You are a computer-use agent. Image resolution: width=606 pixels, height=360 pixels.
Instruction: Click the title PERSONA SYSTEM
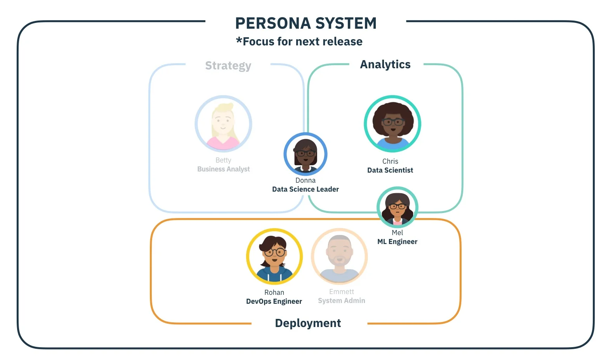pyautogui.click(x=306, y=23)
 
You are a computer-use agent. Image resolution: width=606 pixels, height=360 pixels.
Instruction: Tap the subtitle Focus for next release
pyautogui.click(x=299, y=42)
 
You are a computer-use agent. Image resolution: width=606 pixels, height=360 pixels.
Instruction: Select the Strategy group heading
pyautogui.click(x=228, y=66)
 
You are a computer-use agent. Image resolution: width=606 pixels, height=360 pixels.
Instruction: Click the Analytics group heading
pyautogui.click(x=385, y=64)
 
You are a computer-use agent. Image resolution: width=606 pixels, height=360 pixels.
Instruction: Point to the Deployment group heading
pyautogui.click(x=308, y=323)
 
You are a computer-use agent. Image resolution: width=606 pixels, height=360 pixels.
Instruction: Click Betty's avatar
pyautogui.click(x=223, y=124)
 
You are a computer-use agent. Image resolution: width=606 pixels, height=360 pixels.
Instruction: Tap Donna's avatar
pyautogui.click(x=306, y=154)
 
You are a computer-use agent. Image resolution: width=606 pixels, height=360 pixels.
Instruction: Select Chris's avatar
pyautogui.click(x=392, y=124)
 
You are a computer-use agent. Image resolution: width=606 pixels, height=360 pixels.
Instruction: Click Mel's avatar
pyautogui.click(x=397, y=208)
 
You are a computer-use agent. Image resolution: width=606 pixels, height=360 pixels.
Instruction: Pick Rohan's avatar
pyautogui.click(x=274, y=256)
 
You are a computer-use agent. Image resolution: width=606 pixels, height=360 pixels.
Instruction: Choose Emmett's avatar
pyautogui.click(x=339, y=256)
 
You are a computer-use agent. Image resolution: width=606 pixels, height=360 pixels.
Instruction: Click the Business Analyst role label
pyautogui.click(x=223, y=169)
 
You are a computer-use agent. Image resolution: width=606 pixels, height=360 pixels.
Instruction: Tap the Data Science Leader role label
pyautogui.click(x=306, y=189)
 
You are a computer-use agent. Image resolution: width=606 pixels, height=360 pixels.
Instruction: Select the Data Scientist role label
pyautogui.click(x=390, y=170)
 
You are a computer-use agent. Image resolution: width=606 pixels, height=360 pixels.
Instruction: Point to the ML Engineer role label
pyautogui.click(x=397, y=242)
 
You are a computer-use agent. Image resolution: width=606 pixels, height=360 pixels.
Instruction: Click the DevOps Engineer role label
pyautogui.click(x=274, y=301)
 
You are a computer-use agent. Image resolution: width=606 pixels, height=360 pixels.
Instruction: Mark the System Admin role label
pyautogui.click(x=342, y=301)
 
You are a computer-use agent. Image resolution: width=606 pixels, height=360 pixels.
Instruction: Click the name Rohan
pyautogui.click(x=274, y=292)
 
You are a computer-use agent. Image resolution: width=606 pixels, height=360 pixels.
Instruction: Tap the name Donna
pyautogui.click(x=306, y=180)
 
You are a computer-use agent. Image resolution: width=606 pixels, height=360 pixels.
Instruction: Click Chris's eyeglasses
pyautogui.click(x=392, y=122)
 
